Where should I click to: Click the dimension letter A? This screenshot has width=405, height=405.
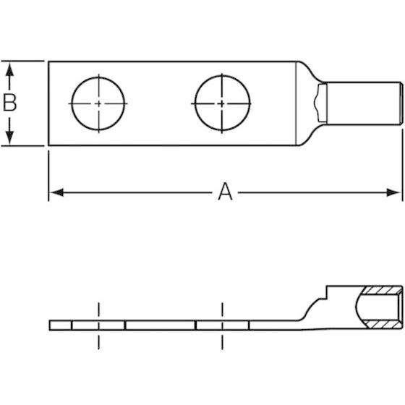click(225, 192)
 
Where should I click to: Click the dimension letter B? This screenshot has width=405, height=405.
click(9, 103)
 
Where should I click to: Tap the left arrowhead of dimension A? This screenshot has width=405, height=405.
click(56, 192)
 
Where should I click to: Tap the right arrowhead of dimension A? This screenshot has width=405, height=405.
click(393, 192)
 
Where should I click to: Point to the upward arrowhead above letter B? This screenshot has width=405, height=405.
click(9, 70)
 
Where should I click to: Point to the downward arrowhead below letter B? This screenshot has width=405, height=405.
click(9, 137)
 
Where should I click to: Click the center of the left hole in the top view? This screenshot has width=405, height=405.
click(98, 103)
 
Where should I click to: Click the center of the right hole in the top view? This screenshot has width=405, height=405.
click(223, 103)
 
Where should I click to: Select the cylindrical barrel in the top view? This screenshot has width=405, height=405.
click(364, 103)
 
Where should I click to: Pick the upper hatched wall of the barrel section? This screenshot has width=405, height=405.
click(382, 290)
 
